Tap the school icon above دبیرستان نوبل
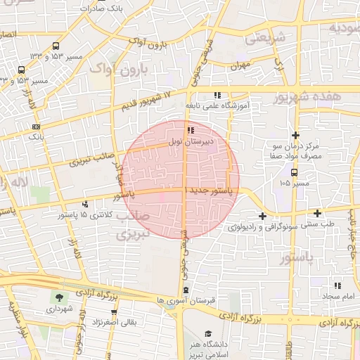[x=190, y=130]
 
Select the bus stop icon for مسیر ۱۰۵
[x=294, y=172]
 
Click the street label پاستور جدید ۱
[x=208, y=190]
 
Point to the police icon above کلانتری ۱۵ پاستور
[x=85, y=204]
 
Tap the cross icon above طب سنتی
[x=317, y=213]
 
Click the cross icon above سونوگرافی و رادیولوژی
[x=262, y=216]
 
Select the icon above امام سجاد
[x=337, y=285]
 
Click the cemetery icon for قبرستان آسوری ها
[x=185, y=290]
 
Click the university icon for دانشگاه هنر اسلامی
[x=207, y=334]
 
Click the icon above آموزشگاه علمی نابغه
[x=217, y=94]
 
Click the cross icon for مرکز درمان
[x=295, y=135]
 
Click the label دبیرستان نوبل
[x=191, y=141]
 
